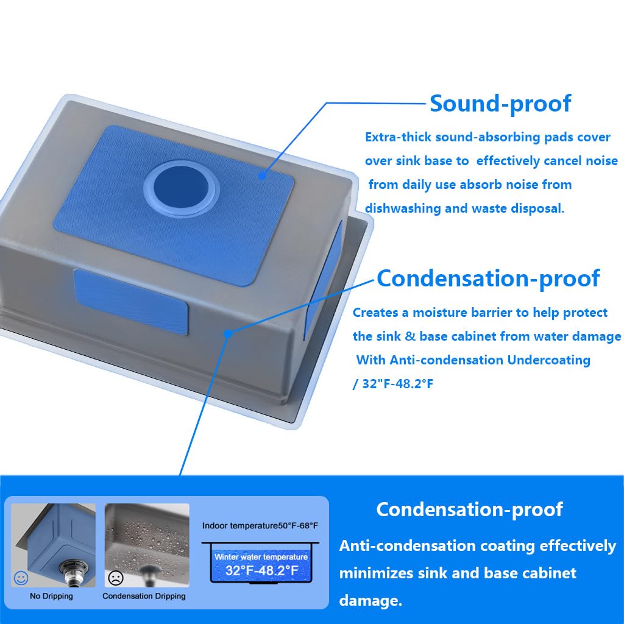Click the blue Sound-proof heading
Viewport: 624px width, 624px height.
(x=500, y=104)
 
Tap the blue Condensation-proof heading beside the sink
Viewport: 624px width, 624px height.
(x=488, y=278)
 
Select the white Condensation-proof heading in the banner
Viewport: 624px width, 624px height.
(x=469, y=509)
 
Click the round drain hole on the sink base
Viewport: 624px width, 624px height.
(x=182, y=188)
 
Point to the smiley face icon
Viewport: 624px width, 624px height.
(x=21, y=578)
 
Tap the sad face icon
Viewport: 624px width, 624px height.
(x=115, y=578)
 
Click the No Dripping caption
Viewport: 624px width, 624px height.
(x=51, y=596)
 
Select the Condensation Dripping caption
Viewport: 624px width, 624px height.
(x=144, y=596)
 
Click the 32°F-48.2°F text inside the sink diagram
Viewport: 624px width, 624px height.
(x=261, y=570)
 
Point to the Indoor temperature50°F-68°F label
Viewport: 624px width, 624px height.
(x=260, y=526)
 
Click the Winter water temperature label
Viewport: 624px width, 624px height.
(x=261, y=557)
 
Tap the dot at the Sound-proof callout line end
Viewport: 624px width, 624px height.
(x=262, y=175)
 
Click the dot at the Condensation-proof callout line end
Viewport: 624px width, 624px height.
(x=228, y=333)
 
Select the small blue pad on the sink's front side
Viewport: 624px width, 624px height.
(x=130, y=301)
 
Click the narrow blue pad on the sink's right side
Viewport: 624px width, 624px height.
(x=323, y=281)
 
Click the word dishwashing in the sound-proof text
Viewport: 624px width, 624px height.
(x=402, y=208)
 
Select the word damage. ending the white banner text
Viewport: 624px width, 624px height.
(x=370, y=600)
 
